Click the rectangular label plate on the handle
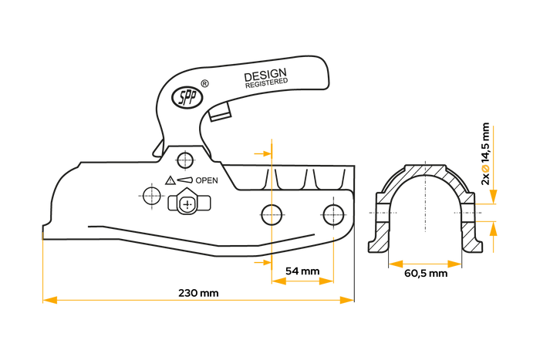(265, 78)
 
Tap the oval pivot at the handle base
(186, 98)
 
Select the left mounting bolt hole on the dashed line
(272, 214)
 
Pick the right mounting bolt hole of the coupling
(333, 214)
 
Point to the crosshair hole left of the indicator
(152, 195)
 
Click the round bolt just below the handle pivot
(184, 160)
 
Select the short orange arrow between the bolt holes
(302, 281)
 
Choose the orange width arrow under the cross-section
(425, 264)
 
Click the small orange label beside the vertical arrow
(485, 168)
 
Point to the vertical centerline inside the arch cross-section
(425, 197)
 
